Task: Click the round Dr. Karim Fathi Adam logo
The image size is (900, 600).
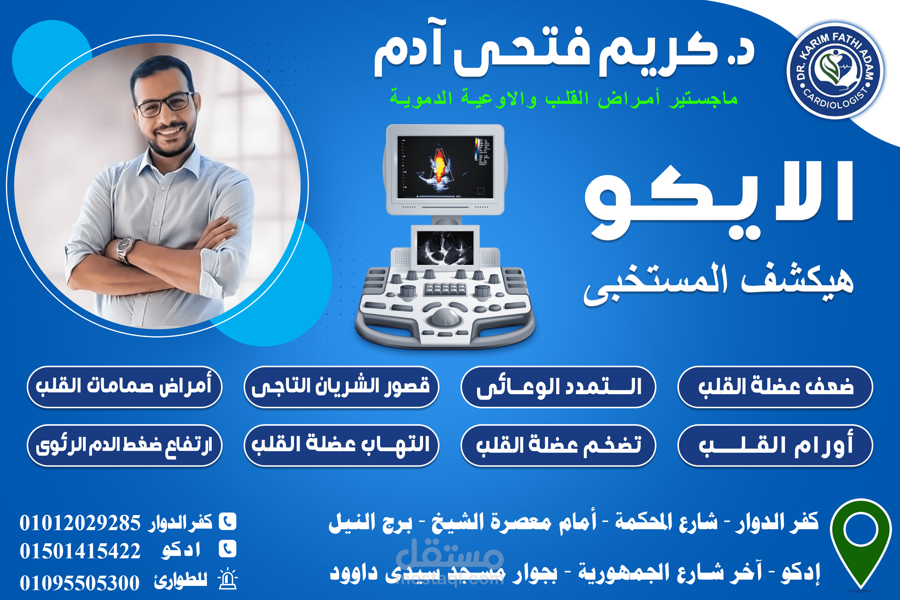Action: (x=835, y=71)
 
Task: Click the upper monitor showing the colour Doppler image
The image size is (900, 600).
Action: (x=445, y=167)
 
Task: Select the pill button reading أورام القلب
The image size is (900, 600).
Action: (x=775, y=445)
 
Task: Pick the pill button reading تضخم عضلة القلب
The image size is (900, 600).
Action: (x=558, y=445)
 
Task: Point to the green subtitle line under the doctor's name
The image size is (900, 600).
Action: (x=563, y=98)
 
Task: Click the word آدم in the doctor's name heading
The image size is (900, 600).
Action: (x=407, y=52)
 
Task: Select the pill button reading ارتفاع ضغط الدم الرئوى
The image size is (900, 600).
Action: (x=124, y=445)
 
